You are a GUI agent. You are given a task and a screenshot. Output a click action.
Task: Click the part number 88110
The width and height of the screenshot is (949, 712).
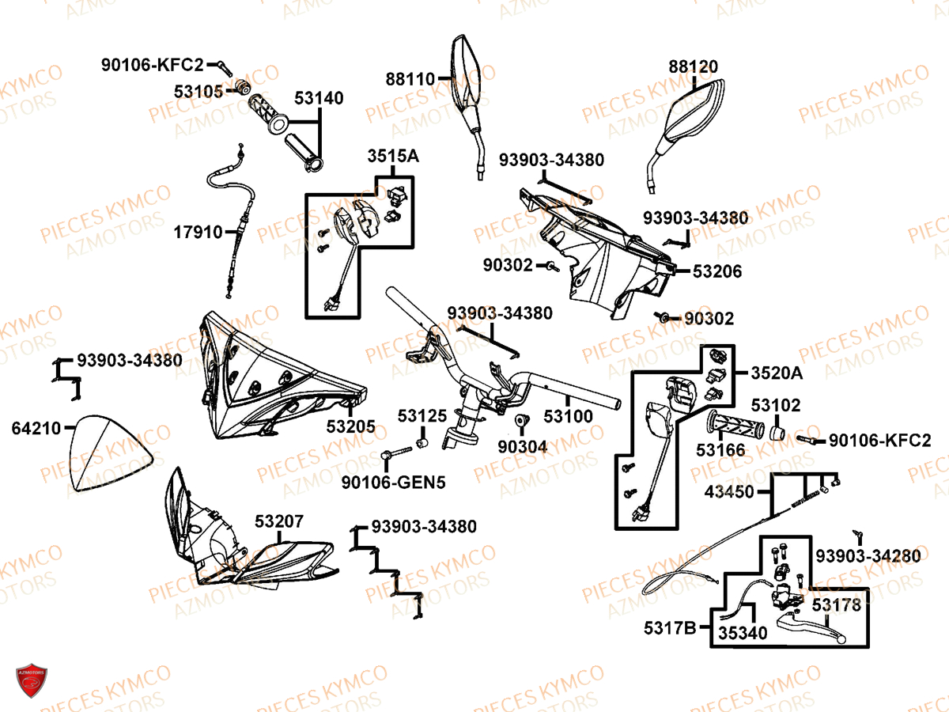pyautogui.click(x=410, y=80)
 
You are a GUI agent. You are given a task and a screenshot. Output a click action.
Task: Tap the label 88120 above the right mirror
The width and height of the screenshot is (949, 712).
pyautogui.click(x=693, y=66)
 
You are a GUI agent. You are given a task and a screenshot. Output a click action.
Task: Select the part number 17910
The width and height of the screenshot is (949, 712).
pyautogui.click(x=198, y=233)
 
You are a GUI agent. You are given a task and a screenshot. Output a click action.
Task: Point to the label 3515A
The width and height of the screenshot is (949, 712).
pyautogui.click(x=393, y=156)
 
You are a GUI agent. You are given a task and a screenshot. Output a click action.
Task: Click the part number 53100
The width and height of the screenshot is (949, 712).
pyautogui.click(x=568, y=416)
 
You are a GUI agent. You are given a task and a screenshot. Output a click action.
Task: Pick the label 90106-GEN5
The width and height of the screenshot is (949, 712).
pyautogui.click(x=393, y=483)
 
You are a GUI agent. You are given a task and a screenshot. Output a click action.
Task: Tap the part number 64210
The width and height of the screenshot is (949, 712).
pyautogui.click(x=36, y=429)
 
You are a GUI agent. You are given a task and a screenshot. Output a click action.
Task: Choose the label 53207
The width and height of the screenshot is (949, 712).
pyautogui.click(x=279, y=521)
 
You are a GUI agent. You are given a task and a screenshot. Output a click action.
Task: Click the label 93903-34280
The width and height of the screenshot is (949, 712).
pyautogui.click(x=868, y=556)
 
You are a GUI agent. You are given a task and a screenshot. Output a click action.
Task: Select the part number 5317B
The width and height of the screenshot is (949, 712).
pyautogui.click(x=670, y=628)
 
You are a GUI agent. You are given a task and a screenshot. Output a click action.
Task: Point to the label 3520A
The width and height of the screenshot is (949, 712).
pyautogui.click(x=777, y=373)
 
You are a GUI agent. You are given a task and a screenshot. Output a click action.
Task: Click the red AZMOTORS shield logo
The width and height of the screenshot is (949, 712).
pyautogui.click(x=32, y=680)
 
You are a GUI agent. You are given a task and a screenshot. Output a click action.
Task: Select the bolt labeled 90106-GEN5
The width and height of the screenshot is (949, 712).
pyautogui.click(x=396, y=453)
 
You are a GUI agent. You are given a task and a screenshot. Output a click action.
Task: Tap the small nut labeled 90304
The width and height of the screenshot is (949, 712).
pyautogui.click(x=520, y=420)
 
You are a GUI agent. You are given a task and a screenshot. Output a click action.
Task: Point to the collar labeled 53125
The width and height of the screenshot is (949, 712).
pyautogui.click(x=422, y=443)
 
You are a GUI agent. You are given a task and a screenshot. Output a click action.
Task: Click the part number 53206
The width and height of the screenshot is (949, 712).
pyautogui.click(x=717, y=271)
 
